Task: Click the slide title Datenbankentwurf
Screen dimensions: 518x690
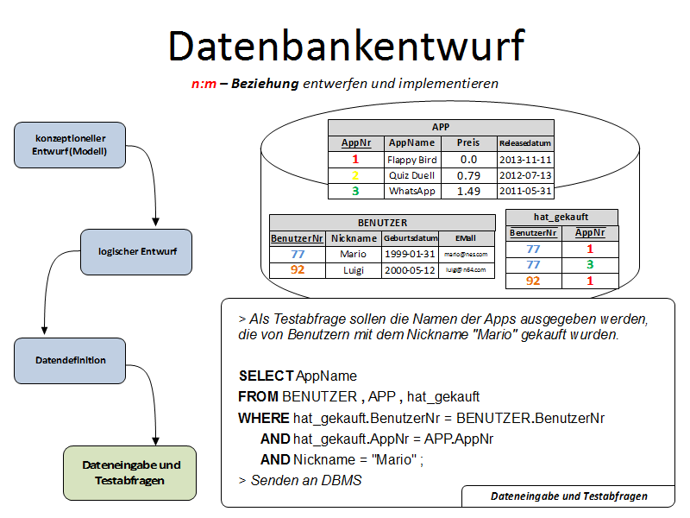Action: tap(346, 45)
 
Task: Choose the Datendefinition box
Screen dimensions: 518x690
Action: tap(71, 361)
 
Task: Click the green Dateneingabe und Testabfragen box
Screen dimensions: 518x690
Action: tap(131, 472)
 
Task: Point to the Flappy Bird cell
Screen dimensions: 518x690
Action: tap(413, 160)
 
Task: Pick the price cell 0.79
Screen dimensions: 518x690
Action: tap(468, 175)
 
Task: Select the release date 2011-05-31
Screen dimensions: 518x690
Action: tap(525, 191)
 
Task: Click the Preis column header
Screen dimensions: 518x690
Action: tap(468, 143)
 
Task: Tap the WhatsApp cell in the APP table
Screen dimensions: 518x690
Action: tap(412, 191)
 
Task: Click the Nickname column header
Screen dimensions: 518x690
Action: tap(354, 238)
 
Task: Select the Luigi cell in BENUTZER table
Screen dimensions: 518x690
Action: tap(354, 270)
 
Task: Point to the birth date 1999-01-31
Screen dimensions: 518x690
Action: tap(409, 255)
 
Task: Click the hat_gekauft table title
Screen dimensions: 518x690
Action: tap(561, 218)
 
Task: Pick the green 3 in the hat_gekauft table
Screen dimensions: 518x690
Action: tap(590, 265)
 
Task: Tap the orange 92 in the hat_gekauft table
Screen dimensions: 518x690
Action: tap(533, 281)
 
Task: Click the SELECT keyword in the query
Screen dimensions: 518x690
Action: tap(266, 376)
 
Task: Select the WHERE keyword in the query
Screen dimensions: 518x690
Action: tap(264, 418)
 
